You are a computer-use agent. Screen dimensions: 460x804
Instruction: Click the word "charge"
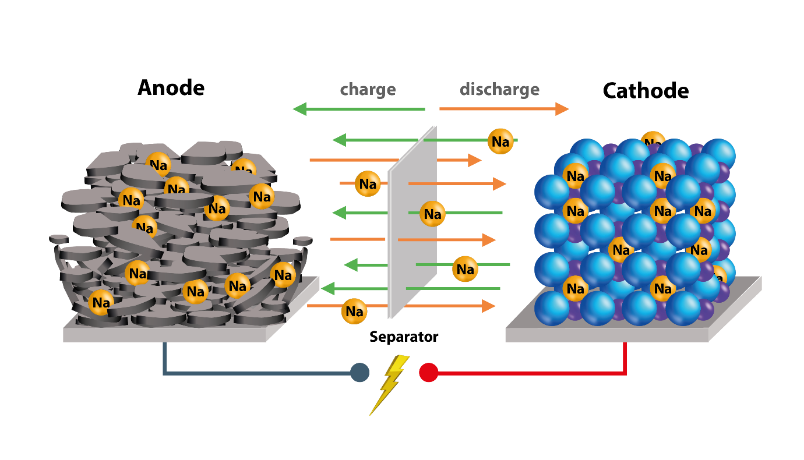click(x=368, y=90)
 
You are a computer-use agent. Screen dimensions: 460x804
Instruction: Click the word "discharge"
click(x=499, y=90)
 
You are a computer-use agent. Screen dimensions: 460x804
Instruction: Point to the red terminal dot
click(x=428, y=373)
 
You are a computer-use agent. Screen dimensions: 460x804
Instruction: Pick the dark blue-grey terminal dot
click(x=359, y=373)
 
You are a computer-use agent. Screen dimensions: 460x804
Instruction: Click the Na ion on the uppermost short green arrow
click(x=500, y=141)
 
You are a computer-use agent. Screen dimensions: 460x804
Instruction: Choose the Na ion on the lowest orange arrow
click(x=354, y=312)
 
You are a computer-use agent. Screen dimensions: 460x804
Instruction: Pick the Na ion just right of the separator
click(x=432, y=214)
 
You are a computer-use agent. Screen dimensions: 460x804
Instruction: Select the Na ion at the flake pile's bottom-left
click(x=101, y=303)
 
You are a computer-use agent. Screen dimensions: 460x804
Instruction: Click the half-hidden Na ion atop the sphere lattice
click(x=653, y=140)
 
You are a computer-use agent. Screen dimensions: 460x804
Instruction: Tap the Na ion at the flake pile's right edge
click(x=283, y=275)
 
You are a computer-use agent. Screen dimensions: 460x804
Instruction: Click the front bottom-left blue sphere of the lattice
click(x=552, y=308)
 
